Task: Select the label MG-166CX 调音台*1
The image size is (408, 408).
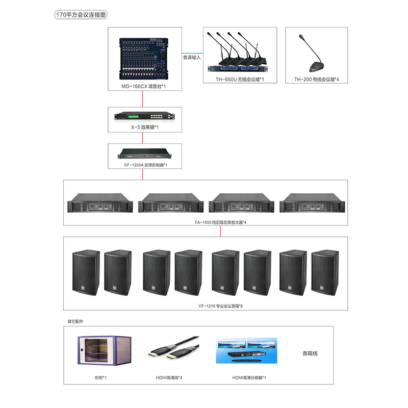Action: [x=144, y=87]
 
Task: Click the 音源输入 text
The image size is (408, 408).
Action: [x=192, y=58]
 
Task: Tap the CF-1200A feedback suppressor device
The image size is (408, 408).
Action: [x=144, y=153]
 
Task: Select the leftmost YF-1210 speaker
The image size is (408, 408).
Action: [x=85, y=273]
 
